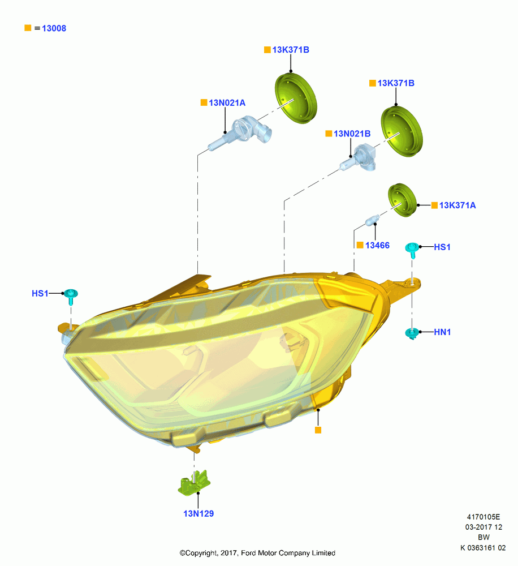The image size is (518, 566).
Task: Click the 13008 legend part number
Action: [x=54, y=28]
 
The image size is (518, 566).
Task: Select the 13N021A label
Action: [x=227, y=103]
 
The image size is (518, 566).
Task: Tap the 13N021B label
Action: [x=352, y=134]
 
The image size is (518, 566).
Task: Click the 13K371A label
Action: [x=457, y=205]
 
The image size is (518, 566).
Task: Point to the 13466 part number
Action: [x=377, y=246]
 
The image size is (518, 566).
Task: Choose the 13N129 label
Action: [x=198, y=513]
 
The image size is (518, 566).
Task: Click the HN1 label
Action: [x=442, y=332]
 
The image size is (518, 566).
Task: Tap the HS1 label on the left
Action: [x=40, y=293]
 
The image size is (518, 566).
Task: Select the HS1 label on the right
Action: [x=442, y=247]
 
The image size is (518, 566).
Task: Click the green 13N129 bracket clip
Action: [x=195, y=483]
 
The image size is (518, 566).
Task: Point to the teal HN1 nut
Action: [x=412, y=333]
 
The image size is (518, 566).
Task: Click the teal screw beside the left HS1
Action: [x=71, y=296]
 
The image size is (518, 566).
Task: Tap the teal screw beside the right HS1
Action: [x=412, y=250]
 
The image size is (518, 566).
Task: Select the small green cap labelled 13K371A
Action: [x=402, y=200]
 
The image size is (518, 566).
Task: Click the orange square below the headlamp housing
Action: [x=318, y=430]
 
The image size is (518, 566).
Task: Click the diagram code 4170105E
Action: [x=484, y=517]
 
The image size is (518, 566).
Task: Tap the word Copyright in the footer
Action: [x=200, y=553]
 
